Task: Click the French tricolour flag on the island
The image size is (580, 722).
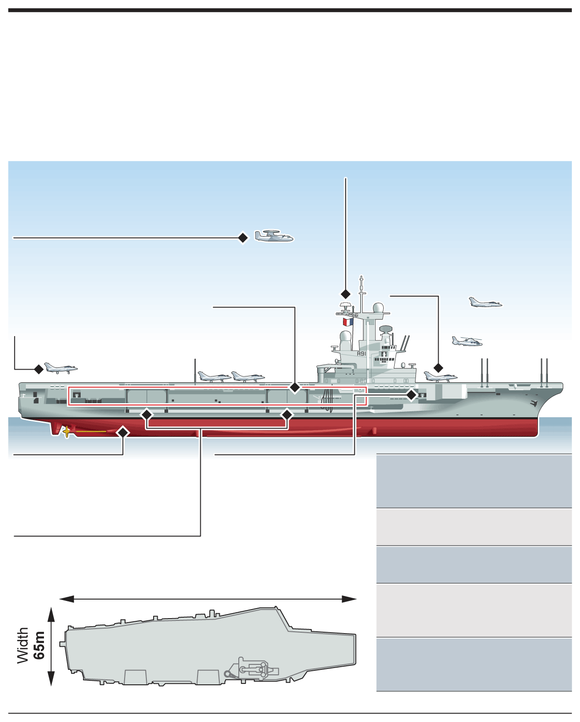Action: [348, 322]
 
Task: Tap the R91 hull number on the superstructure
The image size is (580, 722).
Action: [361, 354]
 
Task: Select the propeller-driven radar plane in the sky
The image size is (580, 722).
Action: [273, 236]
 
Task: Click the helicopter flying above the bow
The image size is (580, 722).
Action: [467, 341]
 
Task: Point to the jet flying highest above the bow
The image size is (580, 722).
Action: [485, 302]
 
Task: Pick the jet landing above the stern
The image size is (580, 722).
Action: [60, 368]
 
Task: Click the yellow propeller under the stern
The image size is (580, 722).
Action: [67, 431]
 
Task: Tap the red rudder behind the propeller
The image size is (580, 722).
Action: [56, 428]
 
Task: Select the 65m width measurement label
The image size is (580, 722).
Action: [39, 645]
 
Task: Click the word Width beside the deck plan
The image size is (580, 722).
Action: [23, 645]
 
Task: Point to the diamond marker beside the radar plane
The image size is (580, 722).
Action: [243, 238]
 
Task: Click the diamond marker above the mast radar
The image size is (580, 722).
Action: [346, 294]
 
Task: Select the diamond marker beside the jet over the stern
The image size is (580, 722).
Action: [39, 369]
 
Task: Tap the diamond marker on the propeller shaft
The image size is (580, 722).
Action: [123, 432]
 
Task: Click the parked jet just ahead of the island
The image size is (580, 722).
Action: [440, 376]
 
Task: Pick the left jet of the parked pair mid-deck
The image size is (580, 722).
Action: [214, 376]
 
